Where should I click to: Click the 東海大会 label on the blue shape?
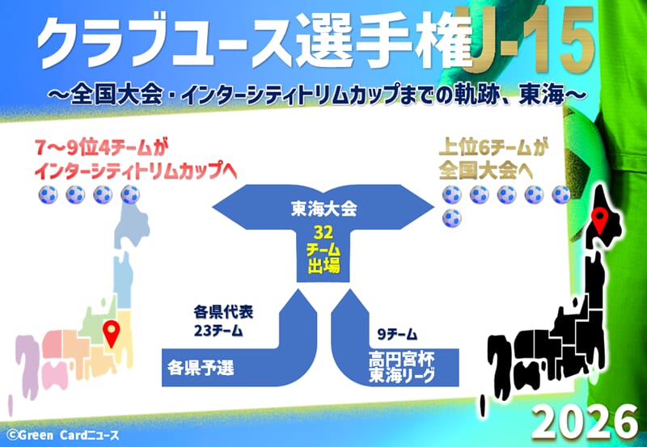pos(324,209)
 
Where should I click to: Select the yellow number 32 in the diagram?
pos(323,233)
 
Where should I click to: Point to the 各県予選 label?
pos(201,368)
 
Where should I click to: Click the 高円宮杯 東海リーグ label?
pos(401,367)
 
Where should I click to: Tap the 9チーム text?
pos(397,335)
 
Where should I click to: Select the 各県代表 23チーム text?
pos(223,321)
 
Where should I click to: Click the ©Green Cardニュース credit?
pos(63,435)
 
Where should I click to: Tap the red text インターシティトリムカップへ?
pos(136,171)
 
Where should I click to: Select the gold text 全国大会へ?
pos(486,171)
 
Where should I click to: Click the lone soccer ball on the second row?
pos(452,217)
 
